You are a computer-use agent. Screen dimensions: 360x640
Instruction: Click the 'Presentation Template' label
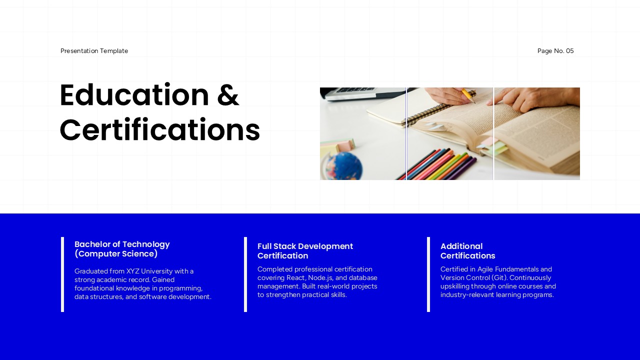94,51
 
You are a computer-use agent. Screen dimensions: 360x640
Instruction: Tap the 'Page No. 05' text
555,51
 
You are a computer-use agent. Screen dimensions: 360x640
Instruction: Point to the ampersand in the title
228,95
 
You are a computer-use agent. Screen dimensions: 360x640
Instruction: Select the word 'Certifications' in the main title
159,130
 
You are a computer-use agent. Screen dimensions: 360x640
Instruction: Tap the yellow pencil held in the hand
468,95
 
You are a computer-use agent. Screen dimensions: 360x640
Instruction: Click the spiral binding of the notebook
430,110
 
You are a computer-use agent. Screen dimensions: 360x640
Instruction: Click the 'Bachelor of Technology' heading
122,244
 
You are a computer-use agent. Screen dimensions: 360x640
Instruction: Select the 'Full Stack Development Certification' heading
305,251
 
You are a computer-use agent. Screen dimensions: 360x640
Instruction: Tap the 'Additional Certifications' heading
467,251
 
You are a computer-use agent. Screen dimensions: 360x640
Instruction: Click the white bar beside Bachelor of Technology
62,274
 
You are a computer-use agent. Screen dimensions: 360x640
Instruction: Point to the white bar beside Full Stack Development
245,274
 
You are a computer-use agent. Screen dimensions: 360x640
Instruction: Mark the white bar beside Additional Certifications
428,274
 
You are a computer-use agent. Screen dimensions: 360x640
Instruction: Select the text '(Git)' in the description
499,278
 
